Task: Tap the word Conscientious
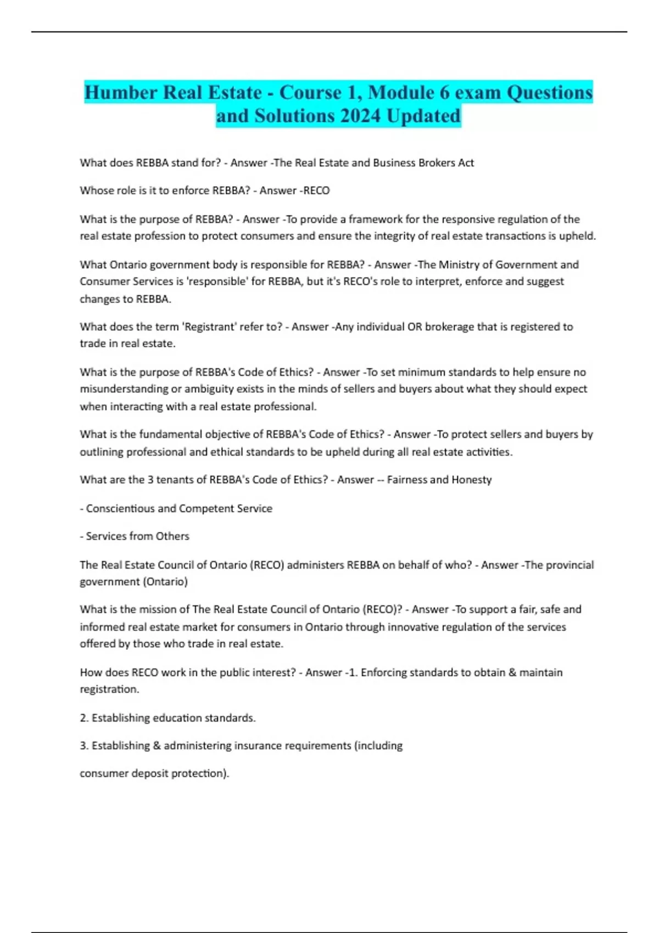pyautogui.click(x=120, y=508)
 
